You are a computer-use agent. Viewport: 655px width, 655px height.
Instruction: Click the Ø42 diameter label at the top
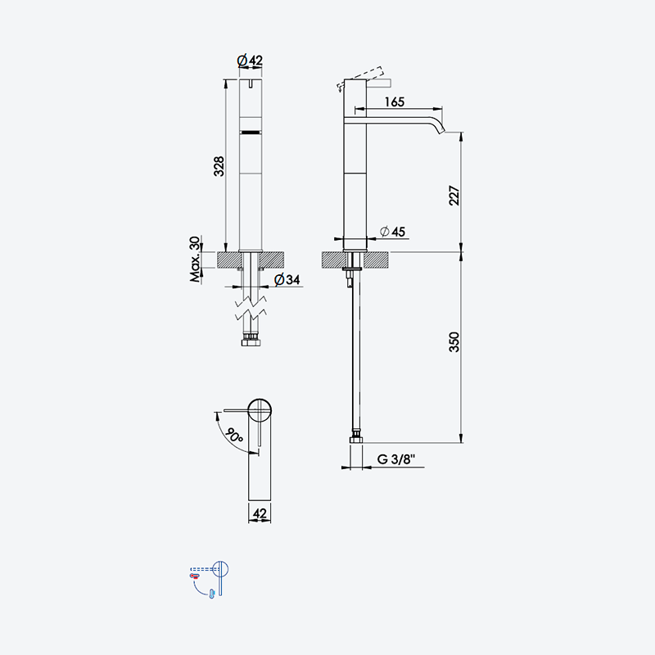[x=250, y=61]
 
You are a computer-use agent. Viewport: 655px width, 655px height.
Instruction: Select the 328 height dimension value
[x=219, y=166]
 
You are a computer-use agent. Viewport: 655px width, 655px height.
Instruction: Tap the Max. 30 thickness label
[x=195, y=259]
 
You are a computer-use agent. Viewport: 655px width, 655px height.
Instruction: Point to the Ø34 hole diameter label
[x=287, y=279]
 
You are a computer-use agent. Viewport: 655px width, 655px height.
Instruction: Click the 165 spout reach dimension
[x=395, y=102]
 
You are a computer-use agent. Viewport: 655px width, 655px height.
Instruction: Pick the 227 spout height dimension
[x=454, y=195]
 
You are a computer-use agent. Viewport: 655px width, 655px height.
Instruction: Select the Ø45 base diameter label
[x=393, y=231]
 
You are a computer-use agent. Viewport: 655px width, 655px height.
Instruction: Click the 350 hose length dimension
[x=454, y=341]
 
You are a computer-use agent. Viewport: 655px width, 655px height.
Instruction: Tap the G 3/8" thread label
[x=396, y=458]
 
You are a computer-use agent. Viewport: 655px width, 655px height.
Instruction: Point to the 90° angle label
[x=233, y=436]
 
